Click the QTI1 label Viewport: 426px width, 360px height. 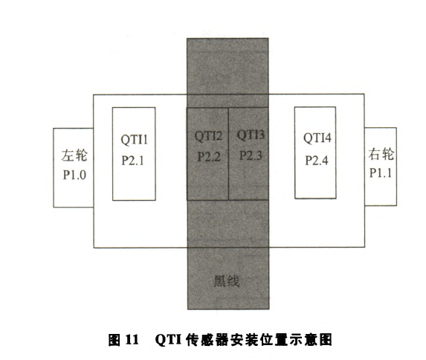(x=135, y=140)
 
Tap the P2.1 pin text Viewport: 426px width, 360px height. (x=132, y=160)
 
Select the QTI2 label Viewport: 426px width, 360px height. (x=208, y=136)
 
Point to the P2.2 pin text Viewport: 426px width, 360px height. (x=209, y=157)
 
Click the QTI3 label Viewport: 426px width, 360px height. (x=251, y=135)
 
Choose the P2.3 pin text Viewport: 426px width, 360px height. (x=251, y=155)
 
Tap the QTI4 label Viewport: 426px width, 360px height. (x=317, y=138)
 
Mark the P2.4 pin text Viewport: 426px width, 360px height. (x=317, y=160)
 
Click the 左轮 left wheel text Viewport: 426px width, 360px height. (x=74, y=155)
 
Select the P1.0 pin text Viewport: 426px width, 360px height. (x=74, y=175)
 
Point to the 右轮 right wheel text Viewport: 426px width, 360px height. (x=381, y=154)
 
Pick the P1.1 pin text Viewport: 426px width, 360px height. (x=381, y=173)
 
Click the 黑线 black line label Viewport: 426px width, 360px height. (x=227, y=281)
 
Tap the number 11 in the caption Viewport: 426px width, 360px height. (x=132, y=340)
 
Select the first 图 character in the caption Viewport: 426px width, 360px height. (x=114, y=340)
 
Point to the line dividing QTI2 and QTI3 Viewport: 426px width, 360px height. (x=228, y=154)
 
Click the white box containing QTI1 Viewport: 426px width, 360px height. (x=134, y=154)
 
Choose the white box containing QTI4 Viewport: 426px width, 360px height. (x=315, y=152)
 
